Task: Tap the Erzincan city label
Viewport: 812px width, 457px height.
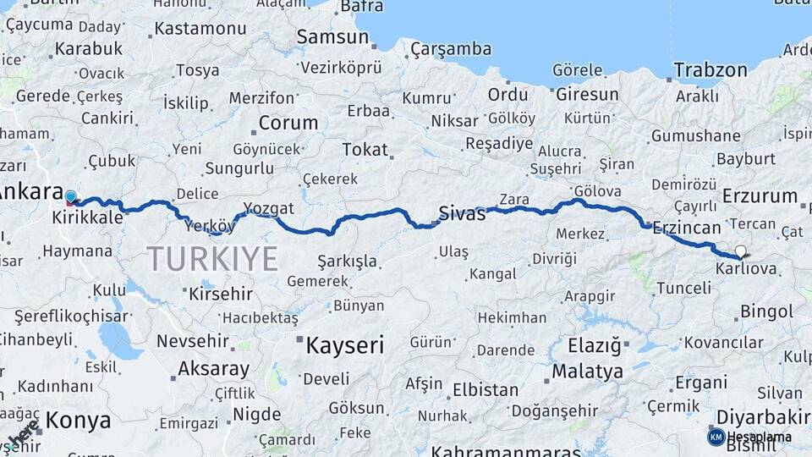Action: [686, 227]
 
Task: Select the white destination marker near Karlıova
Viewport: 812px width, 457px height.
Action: [741, 251]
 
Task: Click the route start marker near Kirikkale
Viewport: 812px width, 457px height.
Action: [70, 198]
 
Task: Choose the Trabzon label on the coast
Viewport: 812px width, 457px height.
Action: [710, 69]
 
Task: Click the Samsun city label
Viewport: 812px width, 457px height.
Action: [332, 37]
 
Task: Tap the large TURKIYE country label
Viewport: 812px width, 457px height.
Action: [212, 258]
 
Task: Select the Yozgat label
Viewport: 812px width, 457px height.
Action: [268, 208]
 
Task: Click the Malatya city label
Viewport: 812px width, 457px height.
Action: [587, 371]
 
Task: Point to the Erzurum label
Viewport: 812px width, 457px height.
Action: [760, 196]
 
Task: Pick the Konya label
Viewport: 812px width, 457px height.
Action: [78, 420]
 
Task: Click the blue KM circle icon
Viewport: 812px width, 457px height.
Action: [716, 437]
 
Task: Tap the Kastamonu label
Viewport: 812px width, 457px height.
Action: [200, 29]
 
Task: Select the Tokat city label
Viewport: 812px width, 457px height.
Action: [365, 150]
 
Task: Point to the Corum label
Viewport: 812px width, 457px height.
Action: [288, 122]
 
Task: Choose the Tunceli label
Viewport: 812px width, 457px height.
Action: [683, 288]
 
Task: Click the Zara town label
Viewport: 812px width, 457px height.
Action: [514, 200]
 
